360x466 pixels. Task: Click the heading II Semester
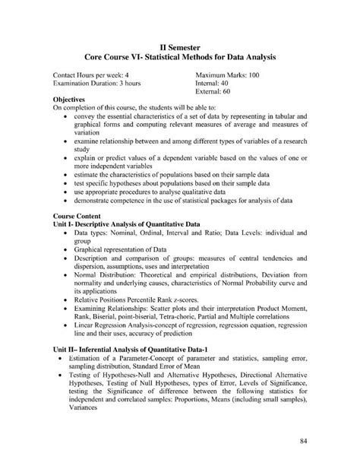pos(180,46)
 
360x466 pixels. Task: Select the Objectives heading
pos(74,99)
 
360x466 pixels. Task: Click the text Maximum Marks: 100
pos(227,76)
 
